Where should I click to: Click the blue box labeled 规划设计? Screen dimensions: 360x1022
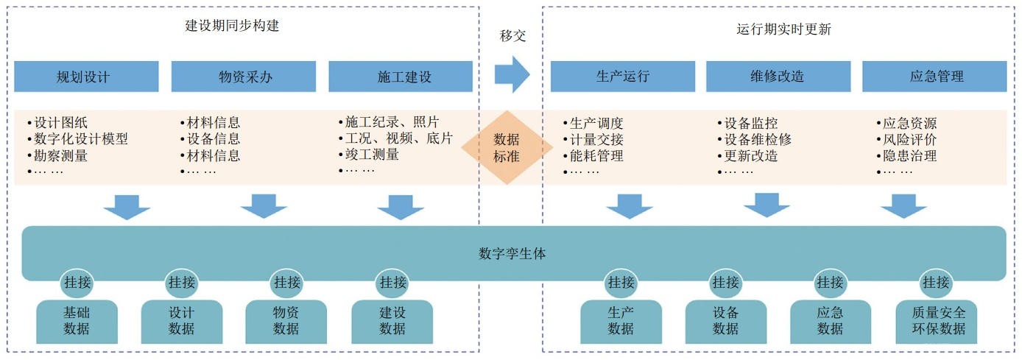tap(86, 77)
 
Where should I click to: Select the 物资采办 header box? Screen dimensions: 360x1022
tap(243, 77)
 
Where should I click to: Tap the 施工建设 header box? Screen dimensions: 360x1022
tap(401, 77)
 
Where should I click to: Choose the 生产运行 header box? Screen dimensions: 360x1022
tap(622, 77)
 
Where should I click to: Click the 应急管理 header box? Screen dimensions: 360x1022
tap(934, 77)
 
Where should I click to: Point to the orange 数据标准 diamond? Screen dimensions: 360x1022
tap(507, 147)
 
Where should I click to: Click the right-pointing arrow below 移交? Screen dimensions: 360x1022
tap(512, 74)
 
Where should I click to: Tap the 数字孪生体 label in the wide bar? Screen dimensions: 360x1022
tap(512, 254)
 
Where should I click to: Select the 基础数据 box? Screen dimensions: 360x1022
tap(77, 321)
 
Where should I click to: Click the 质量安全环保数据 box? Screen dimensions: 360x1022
tap(936, 321)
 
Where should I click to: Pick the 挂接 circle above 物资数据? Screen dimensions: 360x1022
tap(286, 282)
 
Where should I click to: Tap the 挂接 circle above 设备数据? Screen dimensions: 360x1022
tap(725, 282)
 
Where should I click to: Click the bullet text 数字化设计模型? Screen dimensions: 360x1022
tap(81, 139)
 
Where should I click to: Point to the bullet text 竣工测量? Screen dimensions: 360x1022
tap(372, 155)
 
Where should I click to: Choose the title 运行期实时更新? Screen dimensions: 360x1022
tap(783, 29)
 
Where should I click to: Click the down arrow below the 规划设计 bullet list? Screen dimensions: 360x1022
tap(127, 207)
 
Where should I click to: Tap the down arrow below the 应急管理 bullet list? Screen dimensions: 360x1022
tap(903, 206)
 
